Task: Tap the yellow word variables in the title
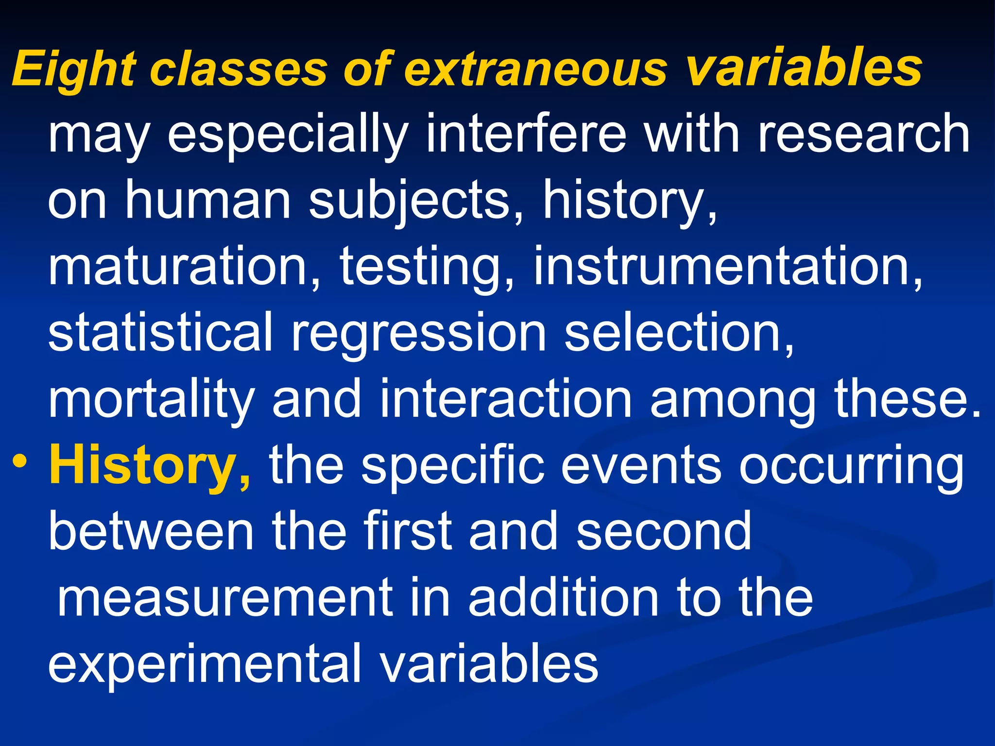pos(804,68)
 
